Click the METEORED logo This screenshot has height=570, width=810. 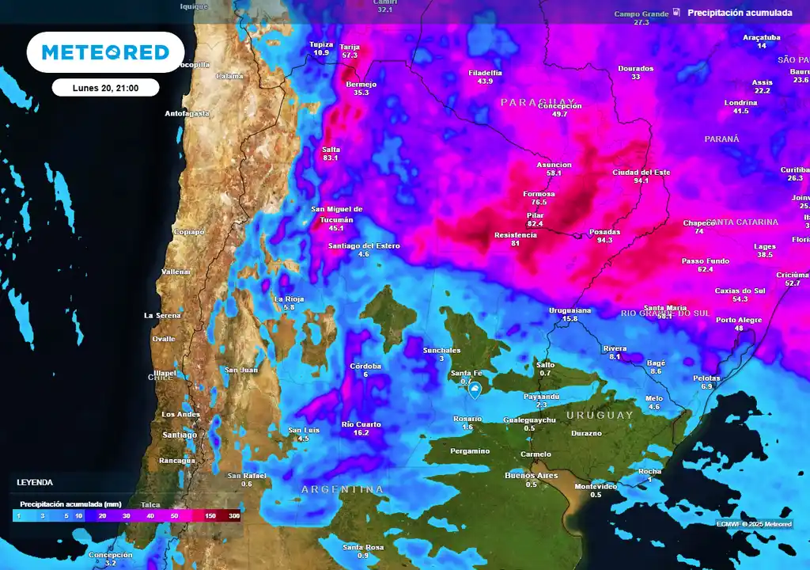[x=105, y=52]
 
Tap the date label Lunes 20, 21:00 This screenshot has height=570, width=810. [x=105, y=88]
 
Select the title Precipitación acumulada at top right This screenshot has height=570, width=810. [x=740, y=13]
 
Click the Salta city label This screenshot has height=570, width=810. [x=331, y=149]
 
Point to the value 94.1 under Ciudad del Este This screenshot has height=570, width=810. [x=641, y=180]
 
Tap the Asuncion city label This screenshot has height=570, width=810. [x=554, y=165]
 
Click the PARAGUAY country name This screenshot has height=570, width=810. [x=540, y=103]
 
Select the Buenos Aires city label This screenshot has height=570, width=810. [x=532, y=475]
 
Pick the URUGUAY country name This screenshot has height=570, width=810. [x=600, y=415]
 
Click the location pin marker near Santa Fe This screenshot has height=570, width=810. [x=475, y=390]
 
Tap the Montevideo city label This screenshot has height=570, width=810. [x=596, y=486]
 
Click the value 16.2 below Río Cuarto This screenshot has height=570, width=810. [x=361, y=433]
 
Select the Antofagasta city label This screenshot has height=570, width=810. [x=187, y=113]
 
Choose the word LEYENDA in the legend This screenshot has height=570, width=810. [x=35, y=482]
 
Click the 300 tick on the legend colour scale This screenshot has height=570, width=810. [x=234, y=515]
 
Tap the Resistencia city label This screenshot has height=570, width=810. [x=515, y=235]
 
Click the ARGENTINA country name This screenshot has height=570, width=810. [x=343, y=489]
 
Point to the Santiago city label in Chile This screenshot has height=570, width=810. [x=179, y=435]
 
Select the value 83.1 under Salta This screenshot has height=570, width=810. [x=331, y=158]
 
